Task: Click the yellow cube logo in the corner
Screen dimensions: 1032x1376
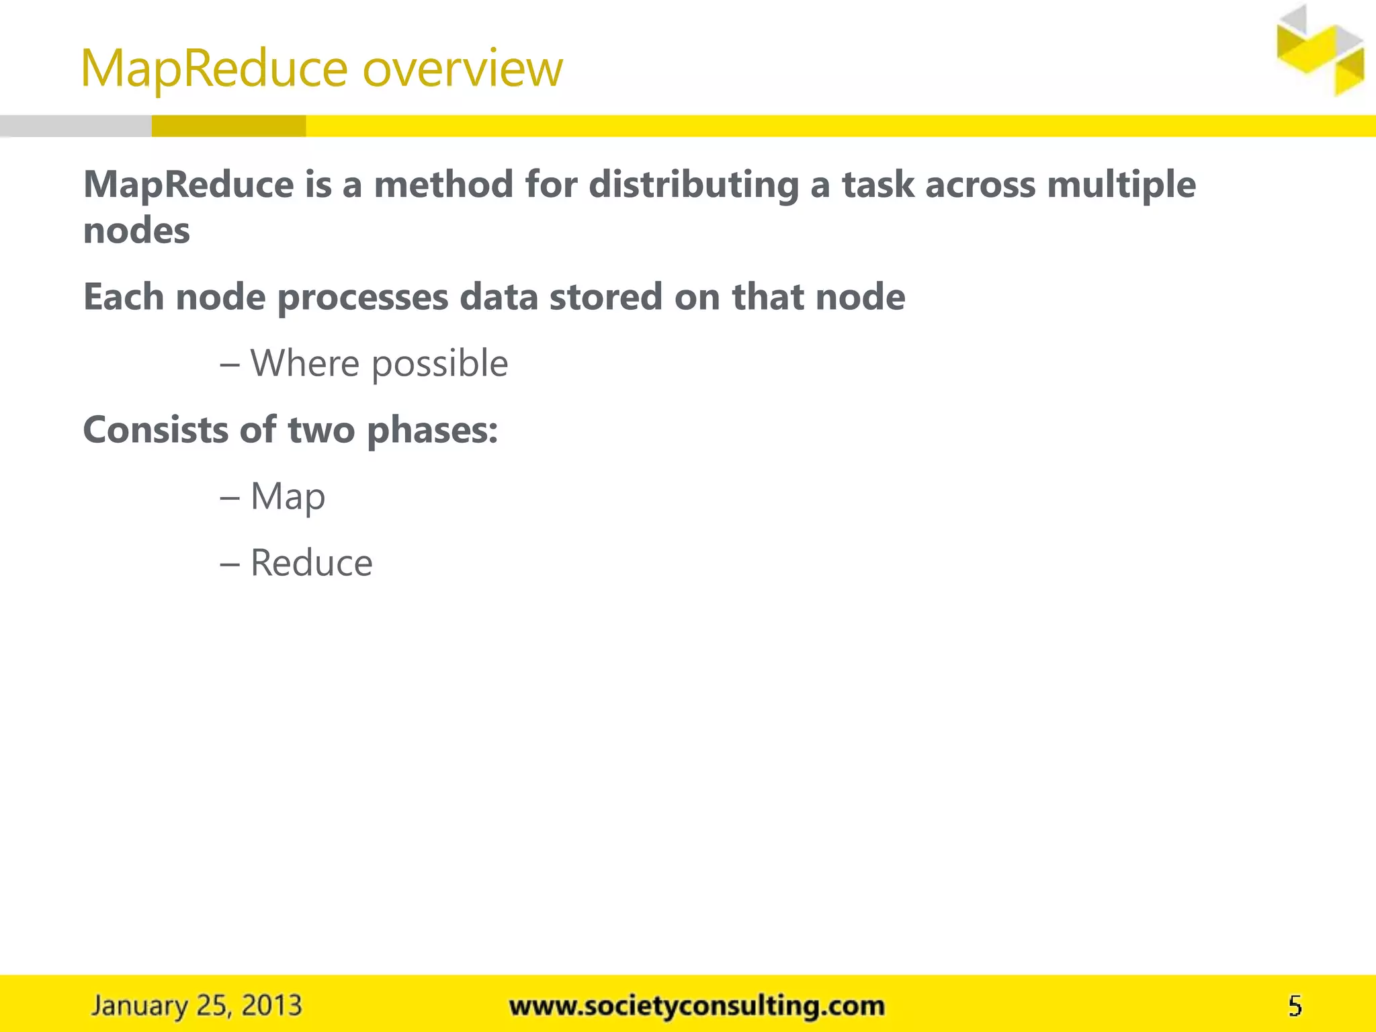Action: tap(1320, 51)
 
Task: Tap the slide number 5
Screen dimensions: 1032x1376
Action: tap(1295, 1006)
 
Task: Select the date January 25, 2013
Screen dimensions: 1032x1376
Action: tap(197, 1006)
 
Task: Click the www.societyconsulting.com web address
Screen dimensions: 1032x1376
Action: tap(697, 1006)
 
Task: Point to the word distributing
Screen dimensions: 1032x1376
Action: tap(693, 185)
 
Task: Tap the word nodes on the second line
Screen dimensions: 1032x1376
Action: tap(136, 231)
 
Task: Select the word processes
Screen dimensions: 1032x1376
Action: tap(363, 297)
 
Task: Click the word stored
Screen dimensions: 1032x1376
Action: tap(605, 297)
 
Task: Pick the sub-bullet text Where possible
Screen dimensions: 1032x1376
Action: tap(379, 363)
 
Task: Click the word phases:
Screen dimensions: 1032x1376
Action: tap(432, 430)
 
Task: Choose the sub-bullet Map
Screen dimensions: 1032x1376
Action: tap(288, 497)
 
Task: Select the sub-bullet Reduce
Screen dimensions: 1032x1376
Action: tap(311, 563)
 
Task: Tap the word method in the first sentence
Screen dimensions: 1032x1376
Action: tap(443, 185)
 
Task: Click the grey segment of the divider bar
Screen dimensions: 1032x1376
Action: tap(75, 126)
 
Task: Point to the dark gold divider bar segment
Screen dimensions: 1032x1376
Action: tap(228, 126)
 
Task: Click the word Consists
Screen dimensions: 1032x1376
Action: tap(155, 430)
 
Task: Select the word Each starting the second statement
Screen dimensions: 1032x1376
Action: tap(124, 297)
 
